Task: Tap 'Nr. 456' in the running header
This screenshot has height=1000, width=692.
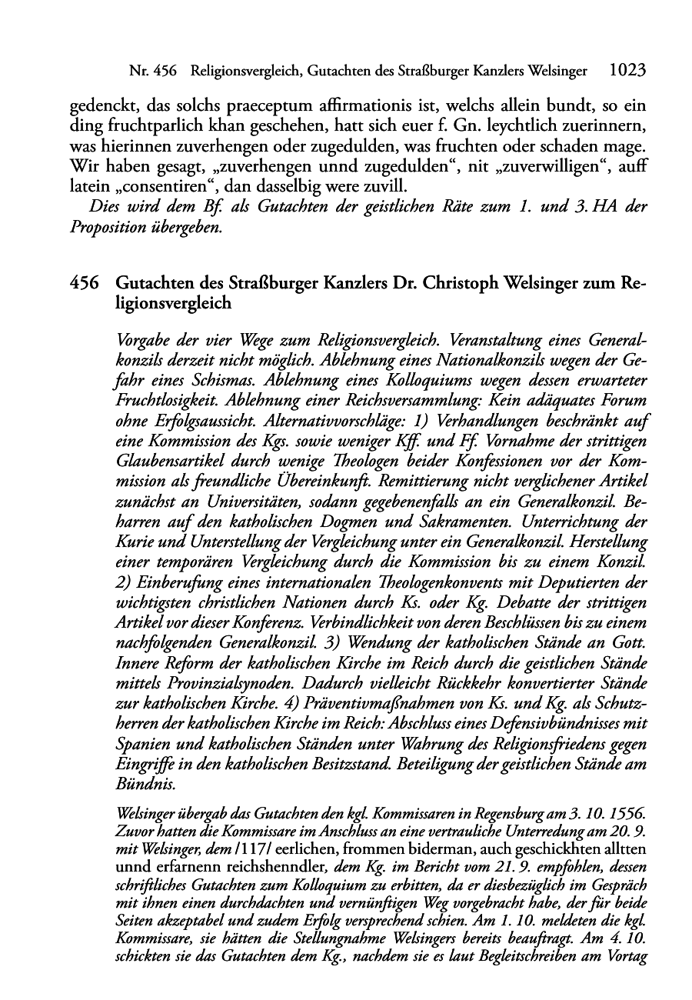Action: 154,72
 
